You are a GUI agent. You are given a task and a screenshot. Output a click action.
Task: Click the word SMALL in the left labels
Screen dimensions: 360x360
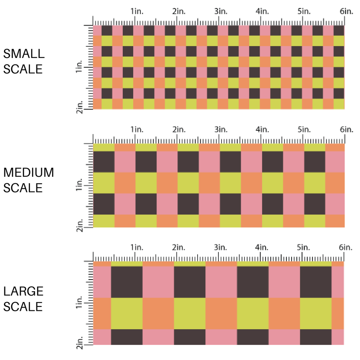tap(24, 54)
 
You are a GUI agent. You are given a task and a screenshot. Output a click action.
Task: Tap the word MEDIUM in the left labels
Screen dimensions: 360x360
tap(28, 172)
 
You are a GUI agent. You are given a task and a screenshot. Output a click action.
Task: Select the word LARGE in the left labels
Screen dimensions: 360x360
tap(24, 291)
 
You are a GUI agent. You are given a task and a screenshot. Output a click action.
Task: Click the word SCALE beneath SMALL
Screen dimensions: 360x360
tap(23, 69)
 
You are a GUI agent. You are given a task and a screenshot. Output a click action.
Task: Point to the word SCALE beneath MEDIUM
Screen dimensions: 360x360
tap(23, 188)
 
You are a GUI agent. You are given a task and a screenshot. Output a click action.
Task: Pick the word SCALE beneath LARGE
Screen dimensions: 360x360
tap(23, 306)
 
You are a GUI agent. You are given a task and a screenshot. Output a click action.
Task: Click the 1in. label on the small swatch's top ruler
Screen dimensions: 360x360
tap(136, 11)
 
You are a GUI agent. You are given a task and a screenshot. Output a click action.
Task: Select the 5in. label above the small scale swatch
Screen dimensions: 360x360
tap(304, 11)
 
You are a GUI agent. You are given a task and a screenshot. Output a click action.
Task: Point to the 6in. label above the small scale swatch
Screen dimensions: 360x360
tap(346, 11)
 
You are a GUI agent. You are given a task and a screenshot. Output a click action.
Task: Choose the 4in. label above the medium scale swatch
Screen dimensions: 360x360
tap(262, 130)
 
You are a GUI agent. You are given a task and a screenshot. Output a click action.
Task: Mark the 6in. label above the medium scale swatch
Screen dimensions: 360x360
tap(346, 130)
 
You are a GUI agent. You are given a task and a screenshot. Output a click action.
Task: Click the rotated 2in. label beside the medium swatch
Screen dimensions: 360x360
tap(79, 225)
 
